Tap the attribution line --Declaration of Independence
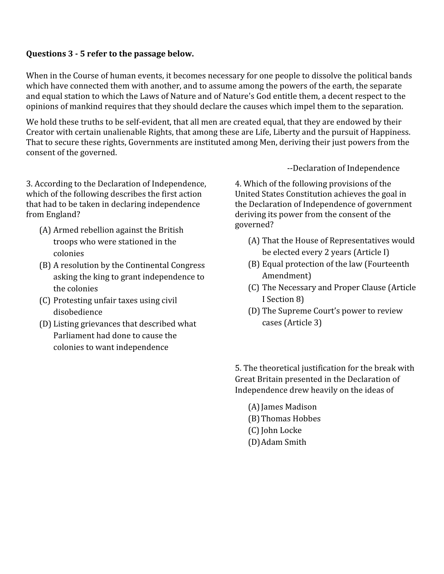point(343,168)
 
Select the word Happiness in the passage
point(390,132)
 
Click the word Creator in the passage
point(40,132)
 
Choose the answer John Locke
point(281,430)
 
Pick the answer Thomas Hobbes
point(291,418)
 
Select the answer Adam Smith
point(283,442)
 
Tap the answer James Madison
point(289,407)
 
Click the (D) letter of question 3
point(45,324)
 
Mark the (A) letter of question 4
point(254,240)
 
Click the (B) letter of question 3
point(45,265)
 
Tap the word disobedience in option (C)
point(78,312)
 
